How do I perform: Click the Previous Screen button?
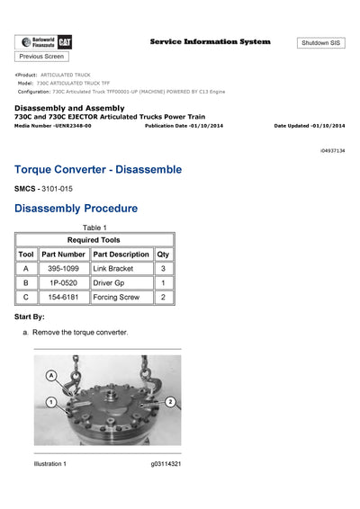41,56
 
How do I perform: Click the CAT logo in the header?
66,41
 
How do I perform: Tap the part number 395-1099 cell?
62,269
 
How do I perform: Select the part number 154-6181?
62,297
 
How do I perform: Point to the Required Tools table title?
94,240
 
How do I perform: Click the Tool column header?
26,254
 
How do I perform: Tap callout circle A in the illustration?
51,374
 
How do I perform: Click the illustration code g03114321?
166,464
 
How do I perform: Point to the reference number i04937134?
332,150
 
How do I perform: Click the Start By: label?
36,317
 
